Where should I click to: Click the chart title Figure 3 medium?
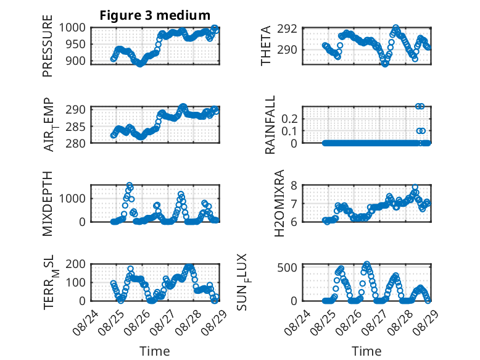click(155, 15)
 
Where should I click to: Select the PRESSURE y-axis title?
click(47, 46)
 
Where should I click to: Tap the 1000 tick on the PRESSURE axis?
click(72, 28)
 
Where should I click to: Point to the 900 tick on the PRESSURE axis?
click(76, 61)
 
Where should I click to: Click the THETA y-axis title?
click(265, 46)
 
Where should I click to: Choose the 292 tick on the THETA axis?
click(287, 29)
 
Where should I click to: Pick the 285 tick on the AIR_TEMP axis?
click(76, 126)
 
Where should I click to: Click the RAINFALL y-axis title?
click(270, 125)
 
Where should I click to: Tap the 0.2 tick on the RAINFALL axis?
click(289, 119)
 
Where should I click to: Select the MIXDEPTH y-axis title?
click(47, 204)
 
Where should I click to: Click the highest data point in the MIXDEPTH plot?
click(130, 185)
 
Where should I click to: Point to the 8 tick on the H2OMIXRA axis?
click(294, 185)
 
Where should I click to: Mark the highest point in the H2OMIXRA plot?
click(415, 187)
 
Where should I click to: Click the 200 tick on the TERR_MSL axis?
click(76, 264)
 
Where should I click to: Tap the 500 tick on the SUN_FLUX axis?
click(288, 267)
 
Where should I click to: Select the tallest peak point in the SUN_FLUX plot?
click(366, 264)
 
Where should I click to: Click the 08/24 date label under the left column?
click(86, 322)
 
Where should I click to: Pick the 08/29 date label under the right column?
click(425, 322)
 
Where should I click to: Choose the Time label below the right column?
click(366, 351)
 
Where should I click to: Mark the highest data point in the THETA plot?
click(396, 28)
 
